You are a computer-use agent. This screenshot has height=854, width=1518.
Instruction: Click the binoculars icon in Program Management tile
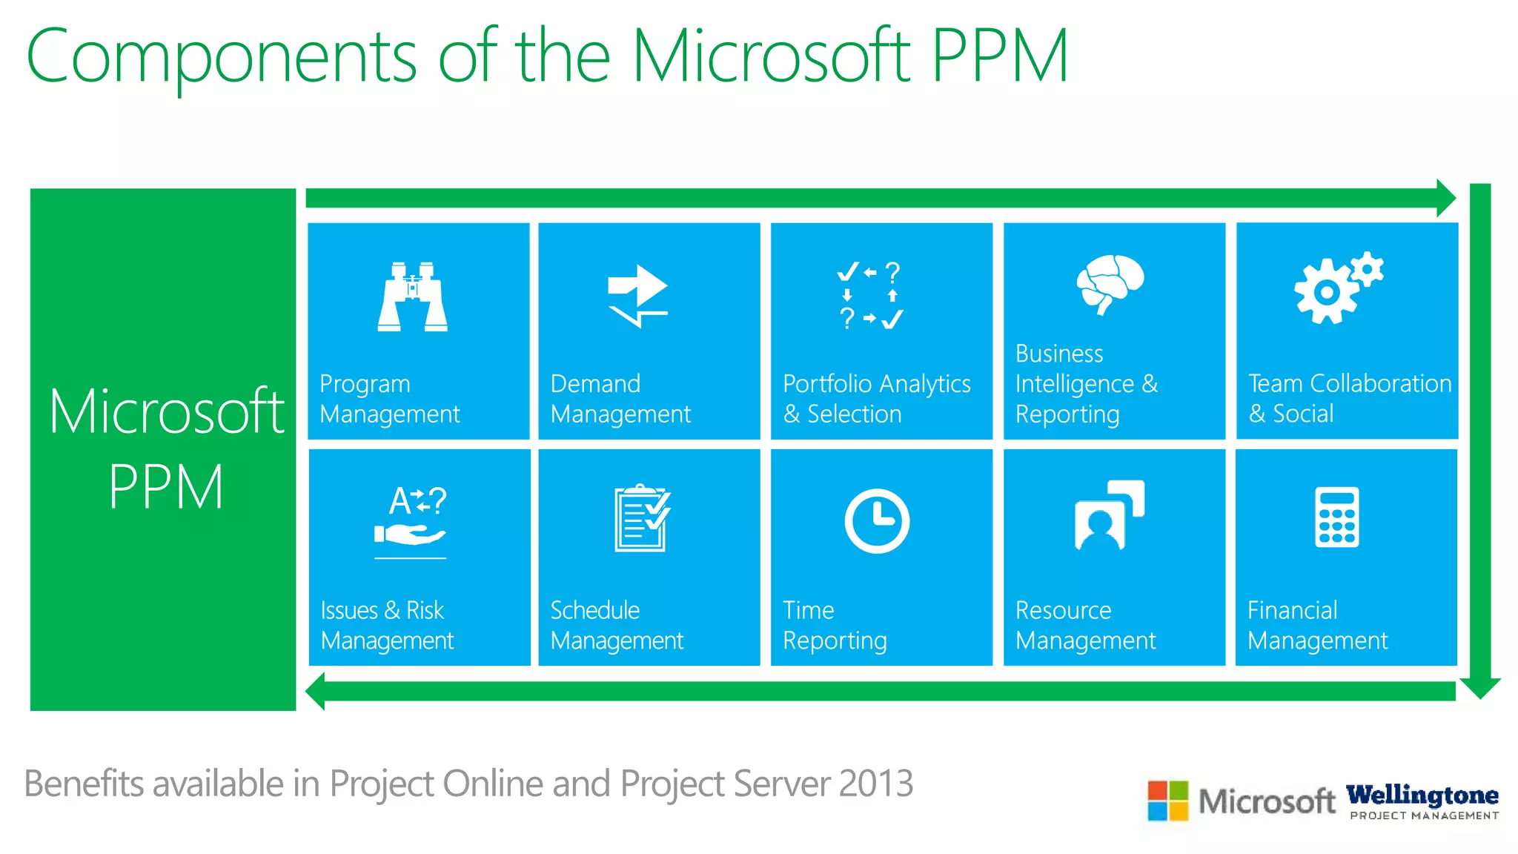pos(412,296)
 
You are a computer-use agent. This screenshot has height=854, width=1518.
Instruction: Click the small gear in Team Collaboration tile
pos(1367,269)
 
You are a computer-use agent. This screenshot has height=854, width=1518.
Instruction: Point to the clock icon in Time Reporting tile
pos(877,520)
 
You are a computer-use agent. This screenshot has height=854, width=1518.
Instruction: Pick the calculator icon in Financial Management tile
pos(1336,517)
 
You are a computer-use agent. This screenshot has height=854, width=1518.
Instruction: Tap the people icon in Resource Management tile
pos(1109,516)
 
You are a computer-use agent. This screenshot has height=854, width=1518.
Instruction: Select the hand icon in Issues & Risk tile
pos(410,534)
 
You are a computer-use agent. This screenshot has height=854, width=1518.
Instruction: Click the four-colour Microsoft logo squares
pos(1167,801)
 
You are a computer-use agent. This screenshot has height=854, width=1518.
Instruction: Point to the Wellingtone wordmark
pos(1422,795)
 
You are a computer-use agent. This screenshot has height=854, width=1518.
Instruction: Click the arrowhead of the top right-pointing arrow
pos(1446,198)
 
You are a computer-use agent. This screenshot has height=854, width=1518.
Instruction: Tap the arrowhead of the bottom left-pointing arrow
pos(316,691)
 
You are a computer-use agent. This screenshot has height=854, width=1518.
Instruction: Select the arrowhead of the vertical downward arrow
pos(1479,687)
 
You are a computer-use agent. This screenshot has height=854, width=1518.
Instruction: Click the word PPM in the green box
pos(166,487)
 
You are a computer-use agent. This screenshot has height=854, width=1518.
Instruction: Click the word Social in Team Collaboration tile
pos(1302,413)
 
